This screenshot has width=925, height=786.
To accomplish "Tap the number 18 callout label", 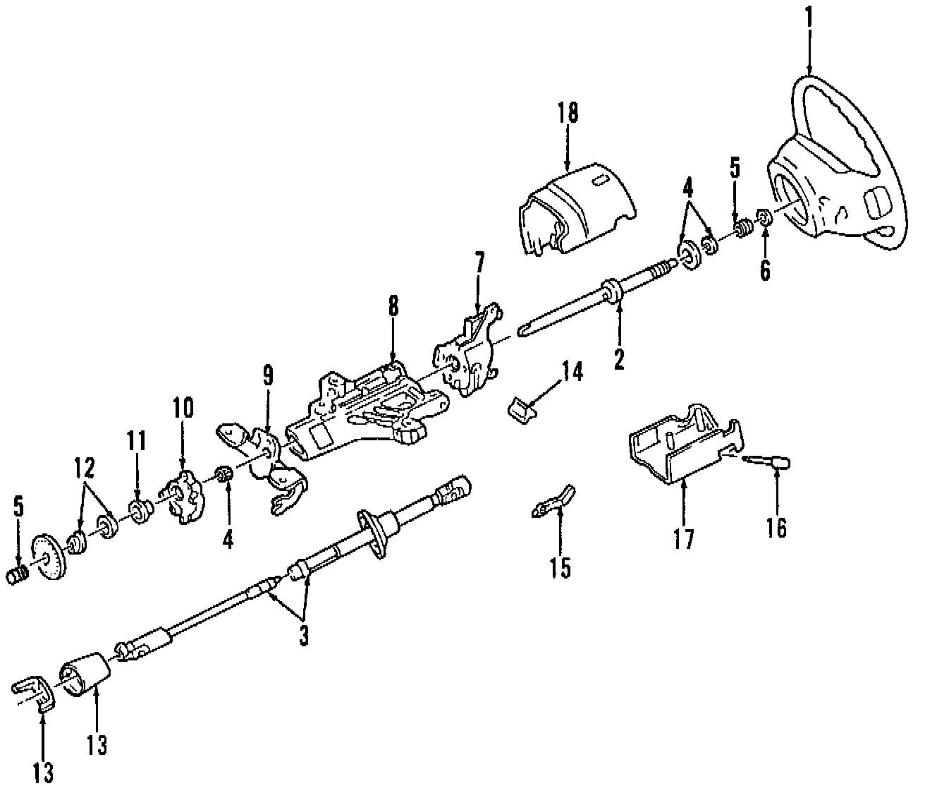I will [x=568, y=112].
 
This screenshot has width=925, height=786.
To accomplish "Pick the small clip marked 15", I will [x=553, y=502].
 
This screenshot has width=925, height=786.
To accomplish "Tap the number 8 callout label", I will [x=393, y=307].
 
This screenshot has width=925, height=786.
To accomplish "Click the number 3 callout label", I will [x=304, y=636].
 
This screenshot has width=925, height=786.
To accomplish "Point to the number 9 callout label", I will [x=267, y=375].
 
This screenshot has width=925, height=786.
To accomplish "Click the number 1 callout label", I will [x=809, y=16].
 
